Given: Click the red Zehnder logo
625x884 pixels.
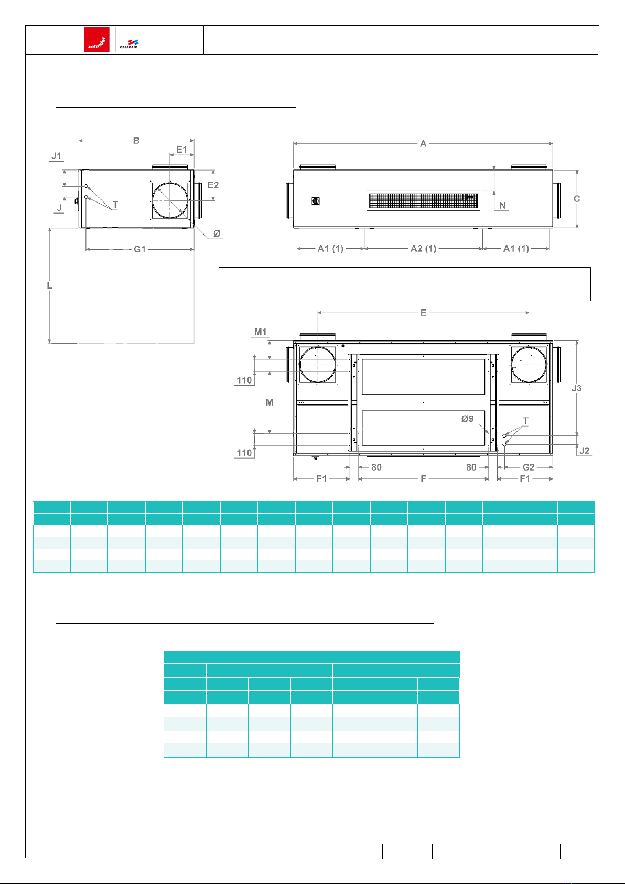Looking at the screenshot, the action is (x=96, y=39).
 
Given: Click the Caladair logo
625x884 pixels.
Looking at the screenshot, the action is (x=128, y=39).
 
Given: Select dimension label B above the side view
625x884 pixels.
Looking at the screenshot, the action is (x=136, y=141).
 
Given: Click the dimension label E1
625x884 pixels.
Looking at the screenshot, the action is (x=181, y=150).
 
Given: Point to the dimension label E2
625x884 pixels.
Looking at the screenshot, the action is (x=213, y=185).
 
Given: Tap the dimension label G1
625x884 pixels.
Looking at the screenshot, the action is (x=139, y=249).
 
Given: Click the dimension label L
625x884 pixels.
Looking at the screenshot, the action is (x=49, y=285).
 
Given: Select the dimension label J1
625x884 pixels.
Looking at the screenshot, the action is (x=57, y=156).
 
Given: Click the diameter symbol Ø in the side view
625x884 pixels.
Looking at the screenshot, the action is (x=217, y=233).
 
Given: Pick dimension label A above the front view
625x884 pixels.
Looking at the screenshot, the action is (x=423, y=144).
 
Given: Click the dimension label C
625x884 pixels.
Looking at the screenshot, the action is (x=576, y=199).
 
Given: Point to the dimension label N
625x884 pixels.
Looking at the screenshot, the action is (x=502, y=206).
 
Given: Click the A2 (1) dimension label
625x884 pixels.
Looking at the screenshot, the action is (x=423, y=249).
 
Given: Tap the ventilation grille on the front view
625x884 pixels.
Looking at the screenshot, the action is (x=423, y=201).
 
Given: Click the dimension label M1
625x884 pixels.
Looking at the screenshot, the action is (x=260, y=332).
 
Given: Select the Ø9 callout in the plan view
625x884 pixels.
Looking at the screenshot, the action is (x=467, y=419).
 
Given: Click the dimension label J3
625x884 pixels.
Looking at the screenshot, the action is (x=576, y=388).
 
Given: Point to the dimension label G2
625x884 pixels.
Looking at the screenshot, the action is (x=529, y=467).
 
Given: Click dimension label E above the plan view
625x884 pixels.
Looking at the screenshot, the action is (x=423, y=313).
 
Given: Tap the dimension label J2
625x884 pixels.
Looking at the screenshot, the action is (x=585, y=451).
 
